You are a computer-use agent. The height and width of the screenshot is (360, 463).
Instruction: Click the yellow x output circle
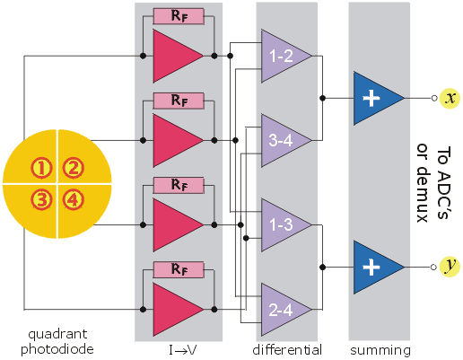450,98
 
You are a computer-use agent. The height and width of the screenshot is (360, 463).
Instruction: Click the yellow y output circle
450,267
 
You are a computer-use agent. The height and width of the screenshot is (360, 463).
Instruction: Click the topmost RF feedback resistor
179,16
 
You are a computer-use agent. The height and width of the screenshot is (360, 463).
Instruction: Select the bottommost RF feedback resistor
179,269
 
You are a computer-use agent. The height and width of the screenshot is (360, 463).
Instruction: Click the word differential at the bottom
287,350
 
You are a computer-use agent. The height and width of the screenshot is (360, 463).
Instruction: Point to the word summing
380,350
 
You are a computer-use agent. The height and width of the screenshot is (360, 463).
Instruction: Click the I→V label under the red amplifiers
182,350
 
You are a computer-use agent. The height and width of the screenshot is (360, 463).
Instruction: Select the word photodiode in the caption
57,349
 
